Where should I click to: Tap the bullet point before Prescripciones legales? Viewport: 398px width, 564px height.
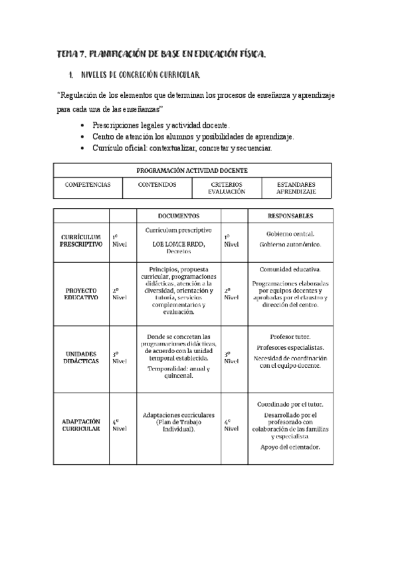[x=82, y=125]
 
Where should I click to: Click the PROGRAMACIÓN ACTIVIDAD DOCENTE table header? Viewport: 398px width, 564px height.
[x=192, y=170]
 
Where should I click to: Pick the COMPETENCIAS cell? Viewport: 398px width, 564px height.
[x=88, y=184]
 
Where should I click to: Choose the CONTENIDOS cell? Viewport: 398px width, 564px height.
[x=157, y=184]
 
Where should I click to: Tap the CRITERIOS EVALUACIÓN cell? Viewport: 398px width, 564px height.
[x=227, y=188]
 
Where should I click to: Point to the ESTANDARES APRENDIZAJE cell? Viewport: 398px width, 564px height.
[x=296, y=188]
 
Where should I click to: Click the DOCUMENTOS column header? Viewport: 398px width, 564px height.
[x=178, y=216]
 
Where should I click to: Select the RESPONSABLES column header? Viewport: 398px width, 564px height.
[x=290, y=216]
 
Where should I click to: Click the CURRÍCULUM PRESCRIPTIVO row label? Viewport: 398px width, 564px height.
[x=80, y=240]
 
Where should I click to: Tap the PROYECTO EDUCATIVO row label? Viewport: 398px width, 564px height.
[x=81, y=294]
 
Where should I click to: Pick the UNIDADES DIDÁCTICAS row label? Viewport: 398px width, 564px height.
[x=80, y=356]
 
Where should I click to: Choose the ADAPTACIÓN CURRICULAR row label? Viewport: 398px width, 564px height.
[x=80, y=425]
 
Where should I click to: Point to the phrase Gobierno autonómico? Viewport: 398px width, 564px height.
[x=290, y=245]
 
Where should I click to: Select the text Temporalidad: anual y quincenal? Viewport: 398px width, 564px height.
[x=178, y=372]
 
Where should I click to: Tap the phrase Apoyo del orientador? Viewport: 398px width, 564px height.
[x=290, y=447]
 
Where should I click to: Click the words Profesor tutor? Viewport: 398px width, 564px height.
[x=290, y=337]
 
